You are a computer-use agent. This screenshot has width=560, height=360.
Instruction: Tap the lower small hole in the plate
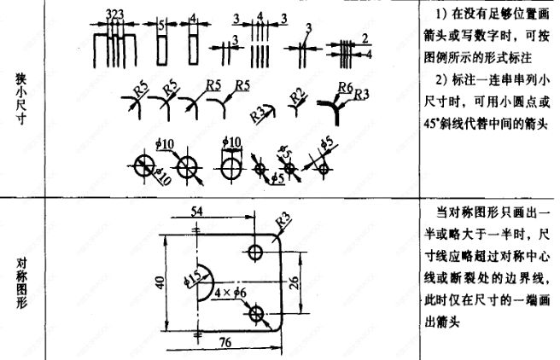[x=256, y=314]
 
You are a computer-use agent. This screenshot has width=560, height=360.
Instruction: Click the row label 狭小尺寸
[x=21, y=101]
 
